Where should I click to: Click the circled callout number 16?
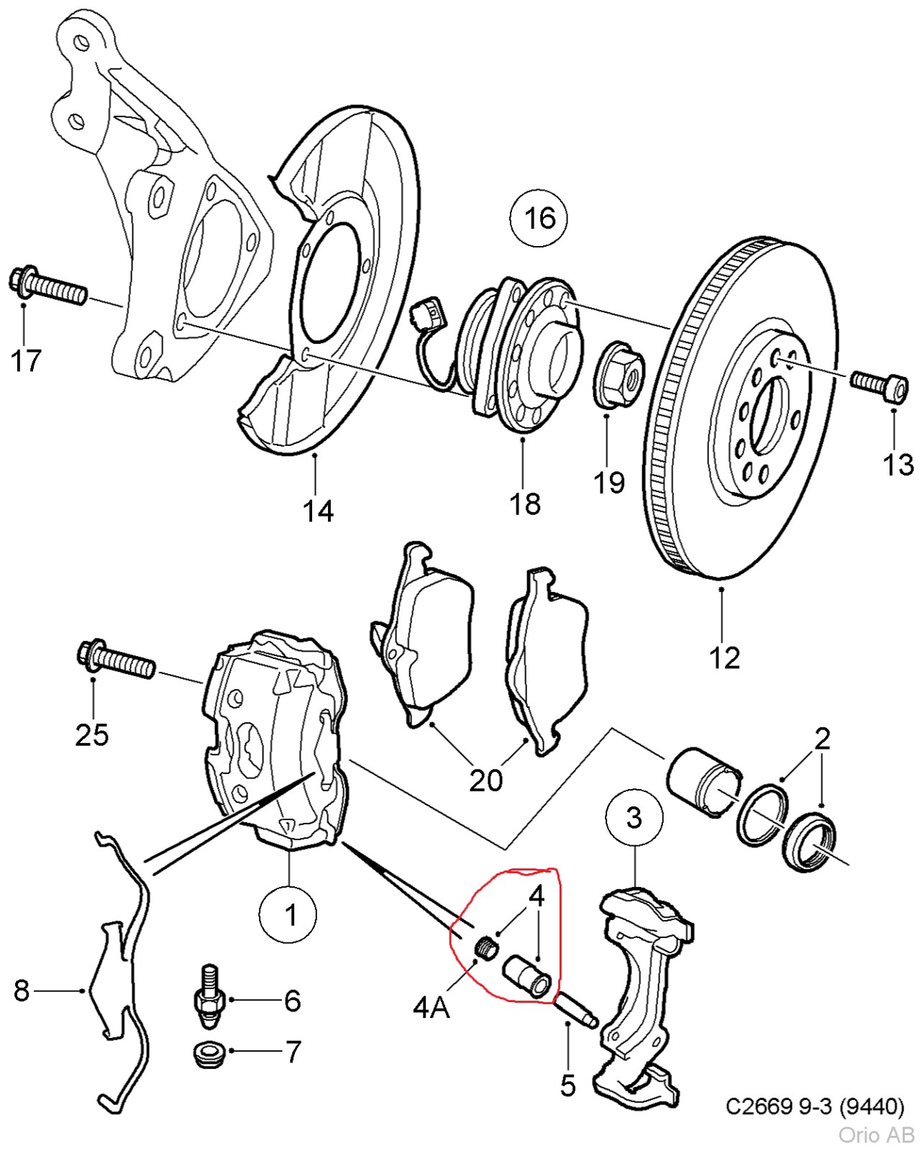coord(539,218)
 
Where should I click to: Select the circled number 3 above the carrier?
coord(634,817)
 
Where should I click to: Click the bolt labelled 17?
coord(48,286)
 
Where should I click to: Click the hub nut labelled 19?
coord(619,373)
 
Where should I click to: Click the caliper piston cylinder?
coord(703,781)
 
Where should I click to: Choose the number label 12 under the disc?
coord(724,658)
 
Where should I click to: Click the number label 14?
coord(318,511)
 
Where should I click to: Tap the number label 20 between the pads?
coord(486,780)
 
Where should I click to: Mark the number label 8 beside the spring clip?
coord(22,991)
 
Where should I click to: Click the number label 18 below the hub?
coord(525,504)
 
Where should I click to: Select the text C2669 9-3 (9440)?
coord(815,1106)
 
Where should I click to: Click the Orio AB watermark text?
coord(876,1135)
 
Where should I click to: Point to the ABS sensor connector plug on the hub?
coord(426,315)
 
